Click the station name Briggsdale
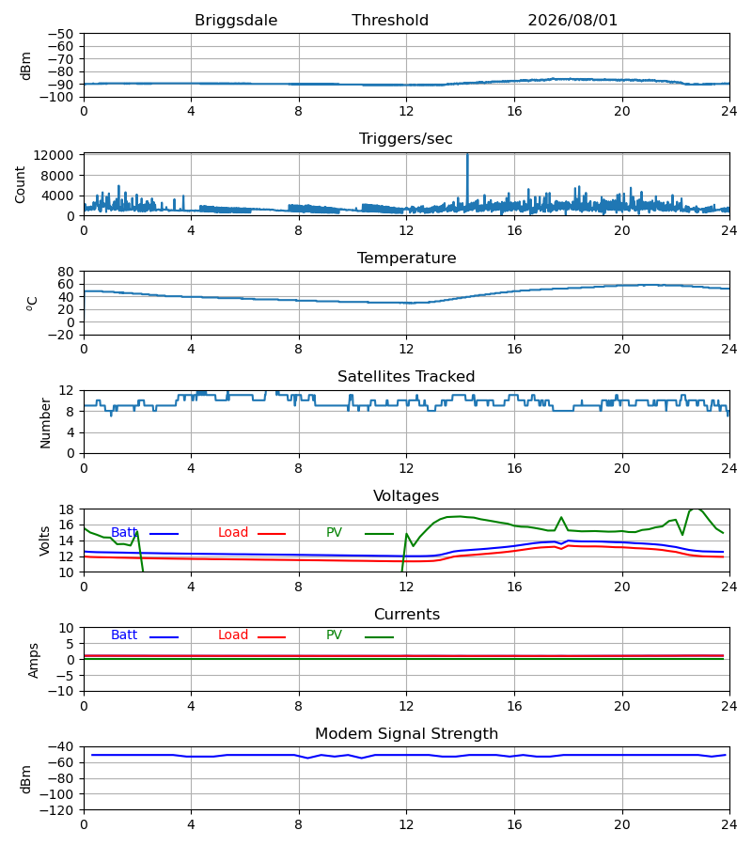pos(236,21)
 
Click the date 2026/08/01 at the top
pos(572,21)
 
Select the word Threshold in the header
pos(390,21)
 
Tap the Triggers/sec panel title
pos(406,139)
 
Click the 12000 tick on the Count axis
pos(54,155)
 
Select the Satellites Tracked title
pos(406,377)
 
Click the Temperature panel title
pos(406,258)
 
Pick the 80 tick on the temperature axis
pos(65,272)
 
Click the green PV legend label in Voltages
pos(334,533)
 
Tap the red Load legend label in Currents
pos(233,635)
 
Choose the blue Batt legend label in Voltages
pos(124,533)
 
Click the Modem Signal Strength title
pos(406,734)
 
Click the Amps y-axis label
pos(34,661)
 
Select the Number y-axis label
pos(45,423)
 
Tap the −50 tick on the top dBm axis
pos(60,34)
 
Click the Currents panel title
pos(407,615)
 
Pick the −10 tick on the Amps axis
pos(60,692)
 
